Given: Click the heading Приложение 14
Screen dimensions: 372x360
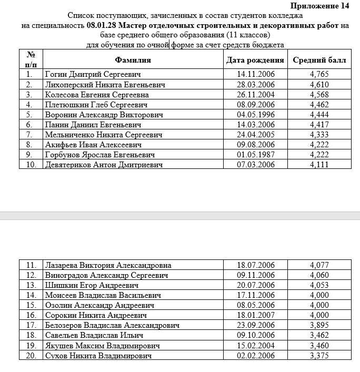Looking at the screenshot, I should click(319, 6).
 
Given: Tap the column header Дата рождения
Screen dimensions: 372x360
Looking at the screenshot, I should click(255, 60).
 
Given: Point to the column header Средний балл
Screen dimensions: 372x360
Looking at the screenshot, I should click(319, 60).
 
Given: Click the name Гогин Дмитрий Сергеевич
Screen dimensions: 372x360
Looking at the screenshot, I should click(93, 75).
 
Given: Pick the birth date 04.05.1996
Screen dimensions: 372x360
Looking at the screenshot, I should click(256, 115).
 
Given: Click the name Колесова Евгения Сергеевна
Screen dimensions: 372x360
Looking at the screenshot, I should click(97, 95).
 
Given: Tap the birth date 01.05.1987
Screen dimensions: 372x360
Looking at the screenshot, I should click(256, 155).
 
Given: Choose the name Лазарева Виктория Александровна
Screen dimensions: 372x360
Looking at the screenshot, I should click(108, 265).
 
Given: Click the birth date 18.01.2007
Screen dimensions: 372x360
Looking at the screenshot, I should click(256, 315).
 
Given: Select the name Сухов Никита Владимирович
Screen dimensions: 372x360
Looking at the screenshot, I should click(98, 356).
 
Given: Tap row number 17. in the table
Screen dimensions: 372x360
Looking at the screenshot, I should click(31, 326).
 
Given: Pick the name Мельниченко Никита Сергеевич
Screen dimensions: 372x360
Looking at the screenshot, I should click(104, 135).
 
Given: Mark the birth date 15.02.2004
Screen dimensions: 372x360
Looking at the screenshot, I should click(256, 346).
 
